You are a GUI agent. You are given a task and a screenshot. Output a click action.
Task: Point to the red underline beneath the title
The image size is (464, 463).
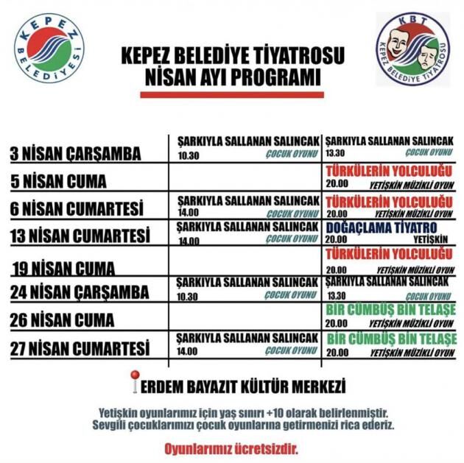pyautogui.click(x=231, y=94)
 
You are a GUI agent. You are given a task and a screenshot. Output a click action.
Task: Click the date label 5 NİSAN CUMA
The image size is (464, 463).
pyautogui.click(x=58, y=181)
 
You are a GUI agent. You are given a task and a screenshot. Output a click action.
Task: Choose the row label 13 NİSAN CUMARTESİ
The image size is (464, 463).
pyautogui.click(x=80, y=237)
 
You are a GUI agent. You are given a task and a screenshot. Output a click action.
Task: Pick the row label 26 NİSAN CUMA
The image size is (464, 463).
pyautogui.click(x=62, y=320)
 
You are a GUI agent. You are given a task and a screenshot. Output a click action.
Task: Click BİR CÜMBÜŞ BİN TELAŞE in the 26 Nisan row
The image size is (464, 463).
pyautogui.click(x=391, y=310)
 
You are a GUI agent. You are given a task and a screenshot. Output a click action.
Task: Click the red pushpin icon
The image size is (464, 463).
pyautogui.click(x=134, y=380)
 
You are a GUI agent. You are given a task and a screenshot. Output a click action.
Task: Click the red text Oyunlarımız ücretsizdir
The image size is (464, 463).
pyautogui.click(x=231, y=448)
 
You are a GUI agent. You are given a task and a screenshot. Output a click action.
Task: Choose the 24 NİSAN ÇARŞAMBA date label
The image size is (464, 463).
pyautogui.click(x=80, y=292)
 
